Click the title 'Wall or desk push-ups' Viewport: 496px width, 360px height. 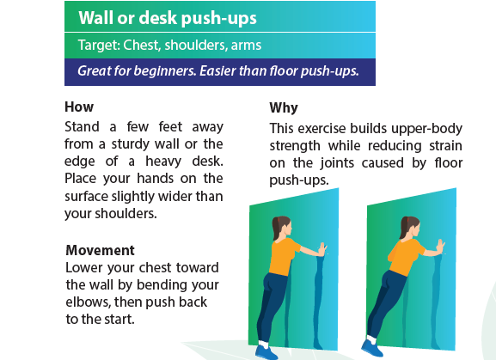coord(168,18)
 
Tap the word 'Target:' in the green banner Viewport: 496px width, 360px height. coord(99,46)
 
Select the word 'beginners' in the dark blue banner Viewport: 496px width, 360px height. coord(164,71)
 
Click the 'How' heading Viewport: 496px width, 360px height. coord(79,107)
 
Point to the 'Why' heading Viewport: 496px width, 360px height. coord(284,108)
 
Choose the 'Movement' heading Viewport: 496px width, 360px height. coord(101,250)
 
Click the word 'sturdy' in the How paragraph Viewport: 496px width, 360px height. coord(130,144)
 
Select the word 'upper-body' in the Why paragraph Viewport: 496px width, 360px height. coord(426,129)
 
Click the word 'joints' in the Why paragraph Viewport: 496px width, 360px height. coord(337,163)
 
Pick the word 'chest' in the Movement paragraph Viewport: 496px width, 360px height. coord(156,268)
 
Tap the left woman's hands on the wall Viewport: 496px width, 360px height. coord(322,249)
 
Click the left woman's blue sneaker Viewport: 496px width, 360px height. coord(266,351)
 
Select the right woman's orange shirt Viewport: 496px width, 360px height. coord(406,255)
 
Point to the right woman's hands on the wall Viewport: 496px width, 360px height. coord(440,247)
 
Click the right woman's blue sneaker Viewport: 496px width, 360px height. coord(371,347)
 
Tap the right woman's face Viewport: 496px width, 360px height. coord(415,229)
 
